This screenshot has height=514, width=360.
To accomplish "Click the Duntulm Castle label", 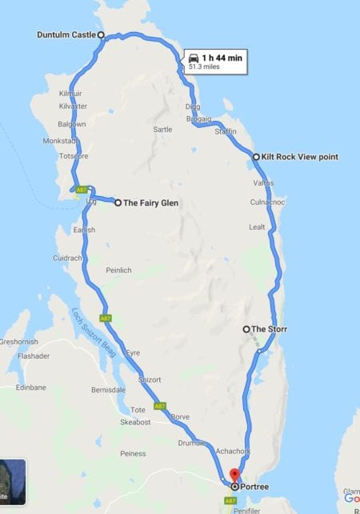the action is tap(66, 35).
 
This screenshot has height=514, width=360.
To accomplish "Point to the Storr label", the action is tap(270, 329).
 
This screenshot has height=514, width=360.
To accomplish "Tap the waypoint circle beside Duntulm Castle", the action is tap(101, 35).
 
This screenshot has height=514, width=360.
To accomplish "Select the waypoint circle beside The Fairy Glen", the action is tap(118, 203).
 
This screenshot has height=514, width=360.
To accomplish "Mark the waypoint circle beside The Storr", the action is tap(246, 329).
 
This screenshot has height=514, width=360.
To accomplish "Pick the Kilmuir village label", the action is tap(70, 94).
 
